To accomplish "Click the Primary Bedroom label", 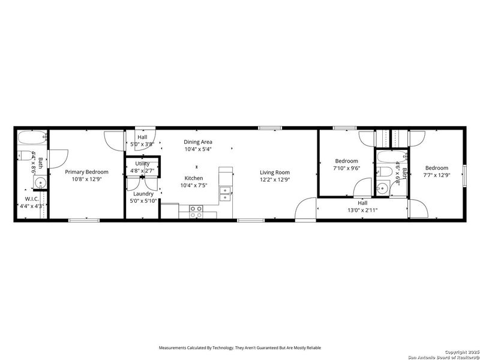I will (x=86, y=172).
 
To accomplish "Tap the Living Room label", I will (x=275, y=172).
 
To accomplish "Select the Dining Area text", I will (x=198, y=142).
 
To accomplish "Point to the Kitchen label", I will (x=193, y=178).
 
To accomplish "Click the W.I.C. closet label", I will (x=32, y=199).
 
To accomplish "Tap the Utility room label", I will (x=142, y=163).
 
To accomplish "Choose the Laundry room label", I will (x=143, y=194).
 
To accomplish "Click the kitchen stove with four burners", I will (x=196, y=211).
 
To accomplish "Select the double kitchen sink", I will (x=226, y=192).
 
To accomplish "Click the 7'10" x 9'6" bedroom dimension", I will (x=346, y=169).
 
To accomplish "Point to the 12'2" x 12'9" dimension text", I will (x=275, y=179).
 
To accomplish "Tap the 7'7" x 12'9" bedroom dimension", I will (x=436, y=175).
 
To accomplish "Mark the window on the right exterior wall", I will (x=464, y=175).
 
